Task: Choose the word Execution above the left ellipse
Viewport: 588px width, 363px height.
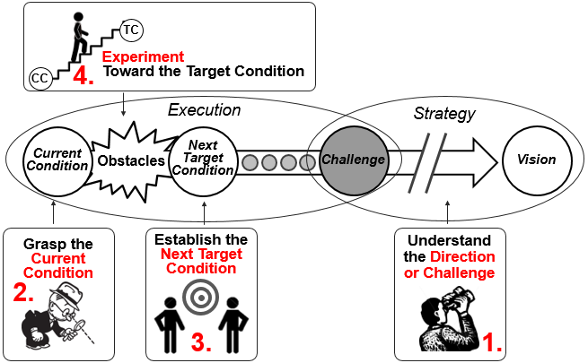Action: click(x=205, y=110)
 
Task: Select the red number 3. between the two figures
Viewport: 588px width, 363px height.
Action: click(x=202, y=341)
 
